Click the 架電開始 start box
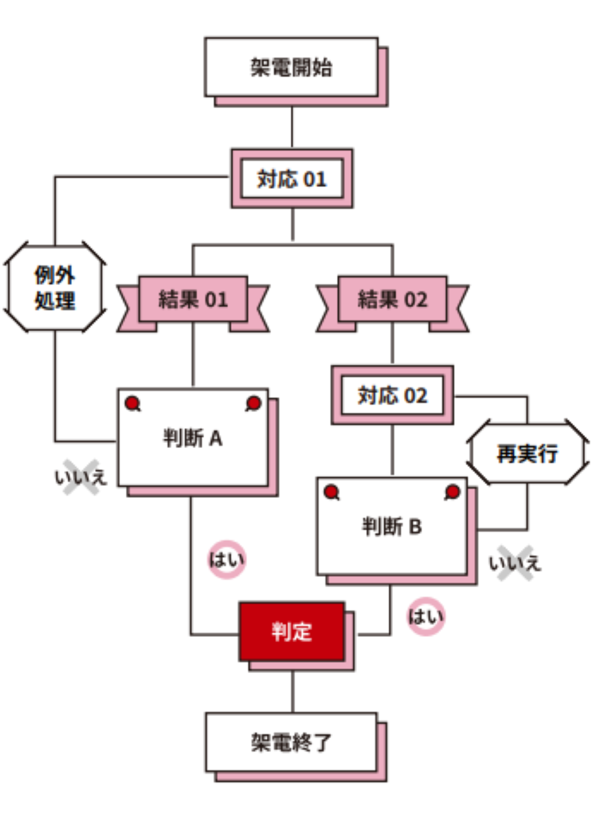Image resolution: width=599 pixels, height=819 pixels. point(292,67)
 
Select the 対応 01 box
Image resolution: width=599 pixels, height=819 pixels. point(292,178)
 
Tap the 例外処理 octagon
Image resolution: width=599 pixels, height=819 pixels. point(55,288)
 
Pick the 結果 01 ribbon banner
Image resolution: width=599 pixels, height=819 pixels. point(193,299)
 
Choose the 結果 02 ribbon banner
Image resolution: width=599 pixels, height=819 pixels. point(392,299)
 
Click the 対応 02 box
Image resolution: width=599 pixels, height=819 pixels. point(392,395)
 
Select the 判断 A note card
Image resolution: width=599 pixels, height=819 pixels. point(193,438)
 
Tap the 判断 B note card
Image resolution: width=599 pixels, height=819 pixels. point(392,527)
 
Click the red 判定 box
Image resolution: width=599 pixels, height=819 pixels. point(292,632)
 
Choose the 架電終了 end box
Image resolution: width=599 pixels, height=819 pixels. point(292,742)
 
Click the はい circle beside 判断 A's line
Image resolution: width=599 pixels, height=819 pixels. point(227,559)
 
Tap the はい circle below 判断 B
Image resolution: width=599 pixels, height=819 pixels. point(425,616)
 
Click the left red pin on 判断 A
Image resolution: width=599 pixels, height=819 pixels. point(132,403)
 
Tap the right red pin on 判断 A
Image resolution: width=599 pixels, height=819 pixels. point(254,403)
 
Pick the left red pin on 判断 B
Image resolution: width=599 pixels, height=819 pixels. point(331,491)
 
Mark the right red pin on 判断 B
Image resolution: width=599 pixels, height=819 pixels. point(453,491)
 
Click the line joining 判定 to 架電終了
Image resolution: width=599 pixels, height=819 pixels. point(293,692)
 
